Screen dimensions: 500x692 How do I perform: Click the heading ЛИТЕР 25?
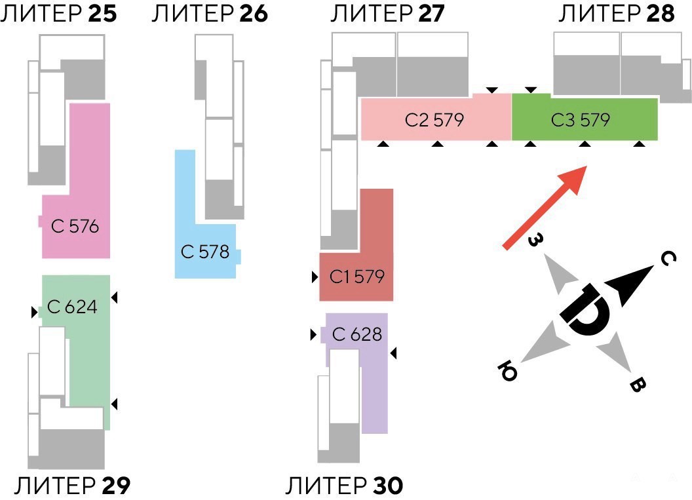pos(59,14)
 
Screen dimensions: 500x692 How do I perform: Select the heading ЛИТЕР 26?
pos(209,14)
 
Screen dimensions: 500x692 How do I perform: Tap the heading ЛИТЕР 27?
pos(387,14)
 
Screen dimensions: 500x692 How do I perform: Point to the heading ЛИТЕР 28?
pos(616,14)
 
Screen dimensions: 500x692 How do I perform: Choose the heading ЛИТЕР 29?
pos(72,486)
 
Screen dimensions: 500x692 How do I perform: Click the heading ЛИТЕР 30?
pos(345,486)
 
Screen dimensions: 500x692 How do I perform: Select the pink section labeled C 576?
pos(79,227)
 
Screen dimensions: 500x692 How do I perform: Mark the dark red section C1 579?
pos(357,277)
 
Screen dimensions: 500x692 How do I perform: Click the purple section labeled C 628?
pos(357,334)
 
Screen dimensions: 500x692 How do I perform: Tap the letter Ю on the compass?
pos(509,372)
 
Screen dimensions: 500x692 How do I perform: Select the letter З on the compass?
pos(535,240)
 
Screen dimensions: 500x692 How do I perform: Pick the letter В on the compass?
pos(636,385)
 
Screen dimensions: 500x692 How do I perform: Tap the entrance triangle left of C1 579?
pos(315,277)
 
